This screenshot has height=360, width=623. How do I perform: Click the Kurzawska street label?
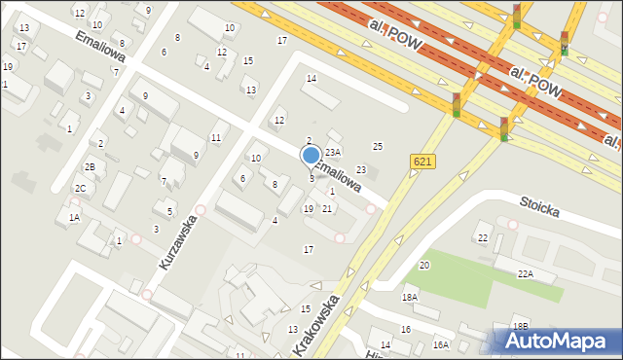178,242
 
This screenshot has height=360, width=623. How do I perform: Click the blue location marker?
311,155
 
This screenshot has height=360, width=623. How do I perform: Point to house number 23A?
333,153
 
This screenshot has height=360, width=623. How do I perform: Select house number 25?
378,147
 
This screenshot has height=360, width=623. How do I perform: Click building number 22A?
526,274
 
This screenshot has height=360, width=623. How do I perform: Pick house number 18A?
410,297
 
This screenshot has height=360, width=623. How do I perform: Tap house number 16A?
441,344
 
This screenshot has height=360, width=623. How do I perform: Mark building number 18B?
521,326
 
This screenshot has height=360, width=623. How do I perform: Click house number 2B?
90,167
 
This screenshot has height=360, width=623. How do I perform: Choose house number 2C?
80,188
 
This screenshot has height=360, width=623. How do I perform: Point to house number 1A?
74,218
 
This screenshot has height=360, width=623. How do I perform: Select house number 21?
327,209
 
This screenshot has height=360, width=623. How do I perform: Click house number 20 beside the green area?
423,265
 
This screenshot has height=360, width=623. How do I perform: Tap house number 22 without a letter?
481,237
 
